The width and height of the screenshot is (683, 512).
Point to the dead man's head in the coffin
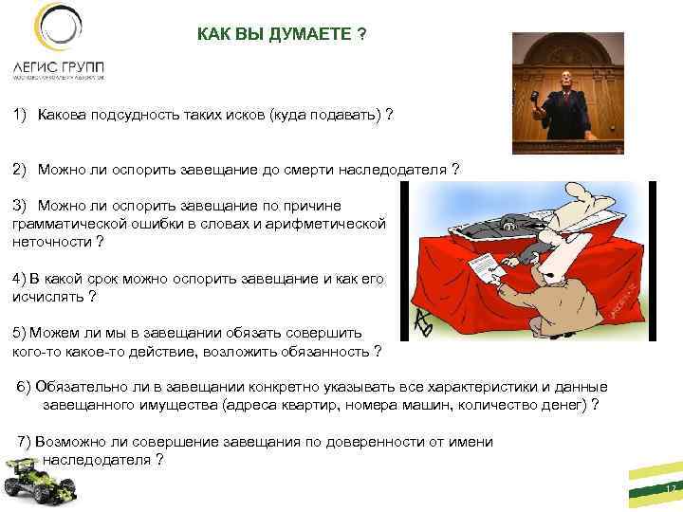coord(508,224)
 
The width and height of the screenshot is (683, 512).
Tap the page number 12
coord(669,490)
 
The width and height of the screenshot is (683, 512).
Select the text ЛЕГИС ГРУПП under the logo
coord(59,68)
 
